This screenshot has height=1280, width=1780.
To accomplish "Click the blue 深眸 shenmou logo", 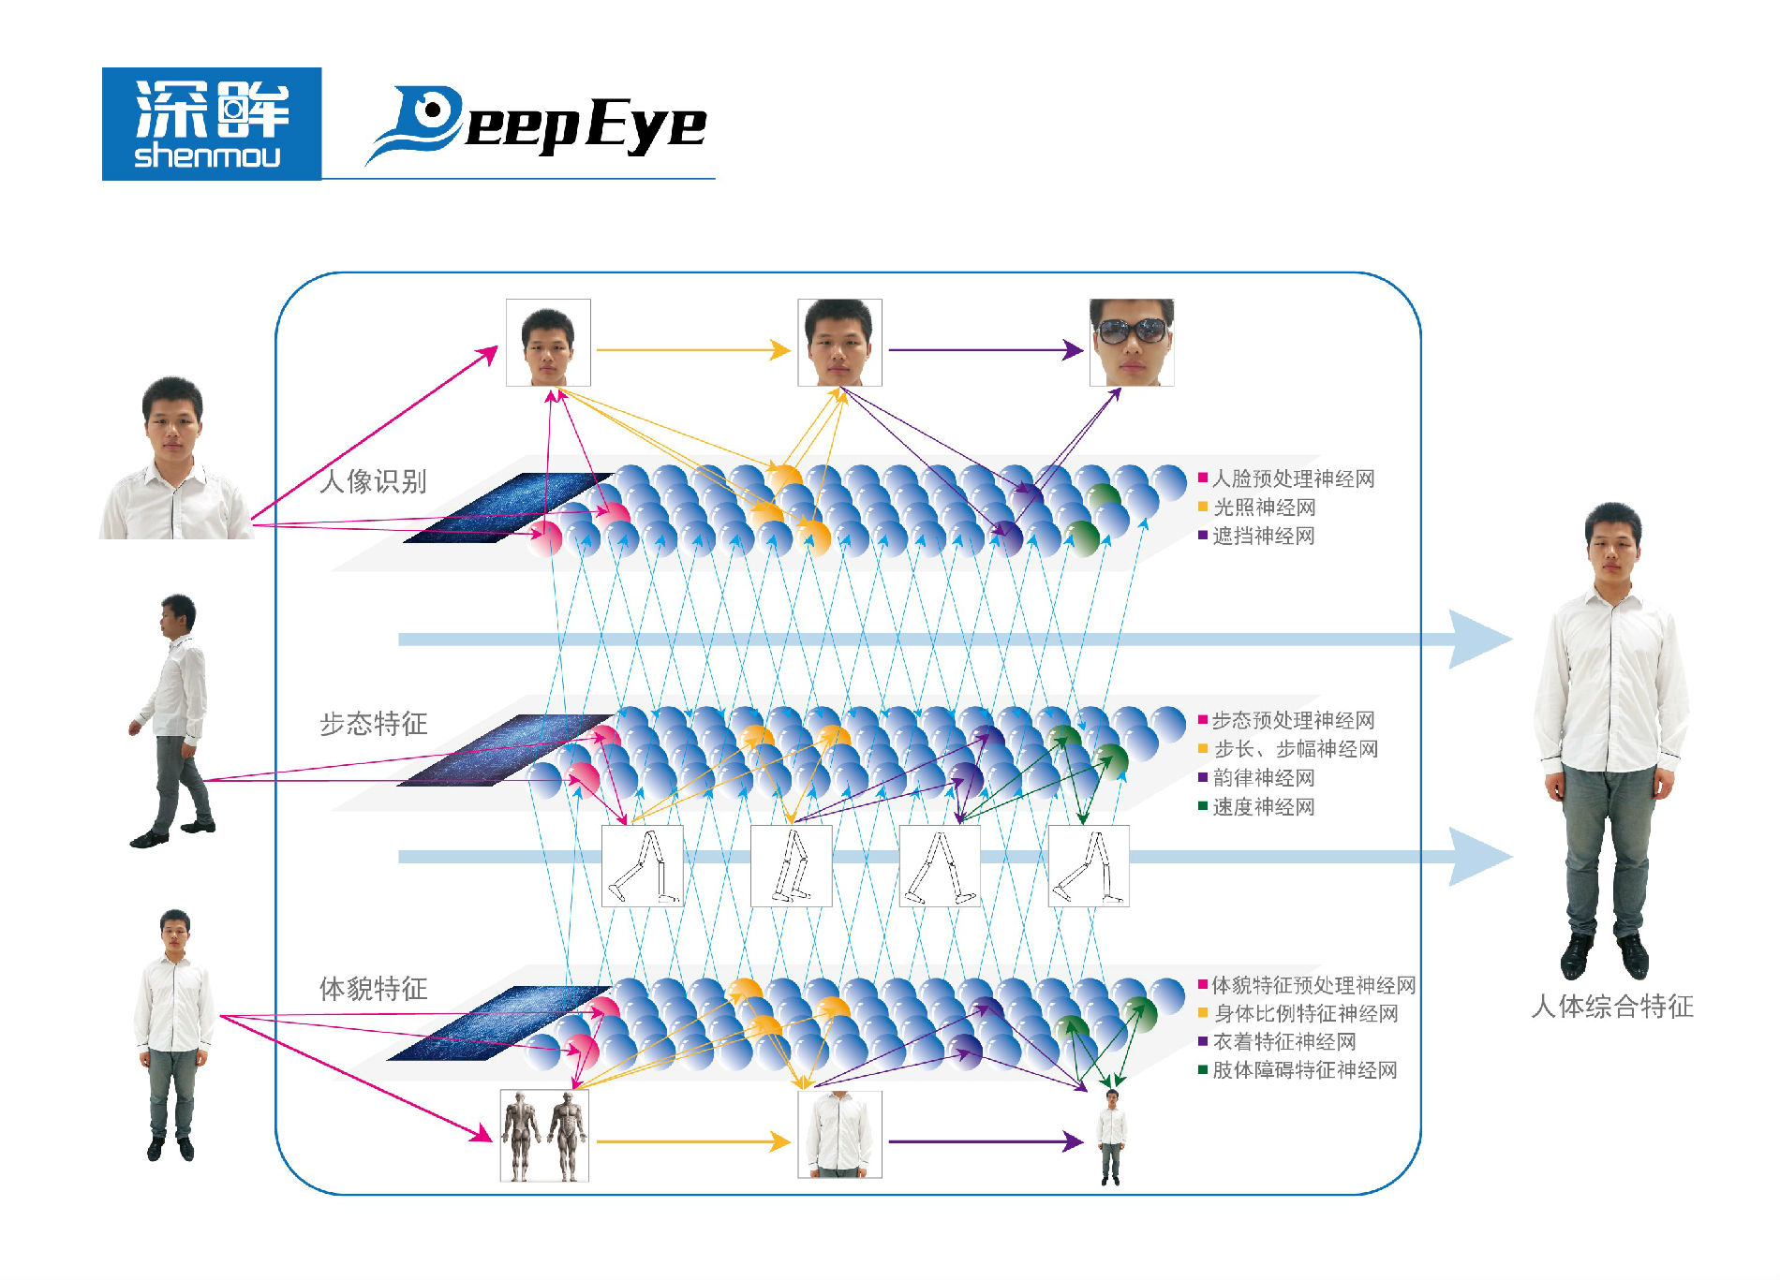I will click(211, 124).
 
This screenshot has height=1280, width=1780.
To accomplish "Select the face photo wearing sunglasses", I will click(1131, 342).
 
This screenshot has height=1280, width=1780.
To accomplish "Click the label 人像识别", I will click(373, 481).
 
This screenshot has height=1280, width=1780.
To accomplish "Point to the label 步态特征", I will click(373, 724).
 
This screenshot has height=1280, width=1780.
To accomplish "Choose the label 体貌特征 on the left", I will click(373, 989).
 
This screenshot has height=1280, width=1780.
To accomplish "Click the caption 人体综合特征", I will click(1611, 1007).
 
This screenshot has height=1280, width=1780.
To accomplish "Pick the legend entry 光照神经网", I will click(1264, 508).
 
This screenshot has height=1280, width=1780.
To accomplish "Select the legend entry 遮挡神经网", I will click(1263, 537).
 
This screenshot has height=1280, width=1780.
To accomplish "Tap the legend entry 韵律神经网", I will click(1263, 778).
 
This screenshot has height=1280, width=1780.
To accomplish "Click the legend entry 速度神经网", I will click(1263, 807).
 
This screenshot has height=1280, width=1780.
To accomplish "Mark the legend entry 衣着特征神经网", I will click(1283, 1042).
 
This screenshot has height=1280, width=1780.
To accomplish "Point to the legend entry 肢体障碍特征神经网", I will click(1304, 1070).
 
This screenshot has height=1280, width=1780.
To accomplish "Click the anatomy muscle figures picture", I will click(544, 1135).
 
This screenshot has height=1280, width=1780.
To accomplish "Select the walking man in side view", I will click(174, 721).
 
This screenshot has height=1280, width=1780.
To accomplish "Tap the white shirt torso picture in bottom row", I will click(839, 1134).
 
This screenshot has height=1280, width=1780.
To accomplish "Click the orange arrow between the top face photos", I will click(693, 350).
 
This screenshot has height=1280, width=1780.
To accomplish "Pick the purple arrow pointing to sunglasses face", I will click(985, 350).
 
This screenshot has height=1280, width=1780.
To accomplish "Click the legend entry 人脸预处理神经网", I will click(1293, 479).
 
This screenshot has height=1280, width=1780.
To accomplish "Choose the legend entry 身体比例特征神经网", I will click(1305, 1014).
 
